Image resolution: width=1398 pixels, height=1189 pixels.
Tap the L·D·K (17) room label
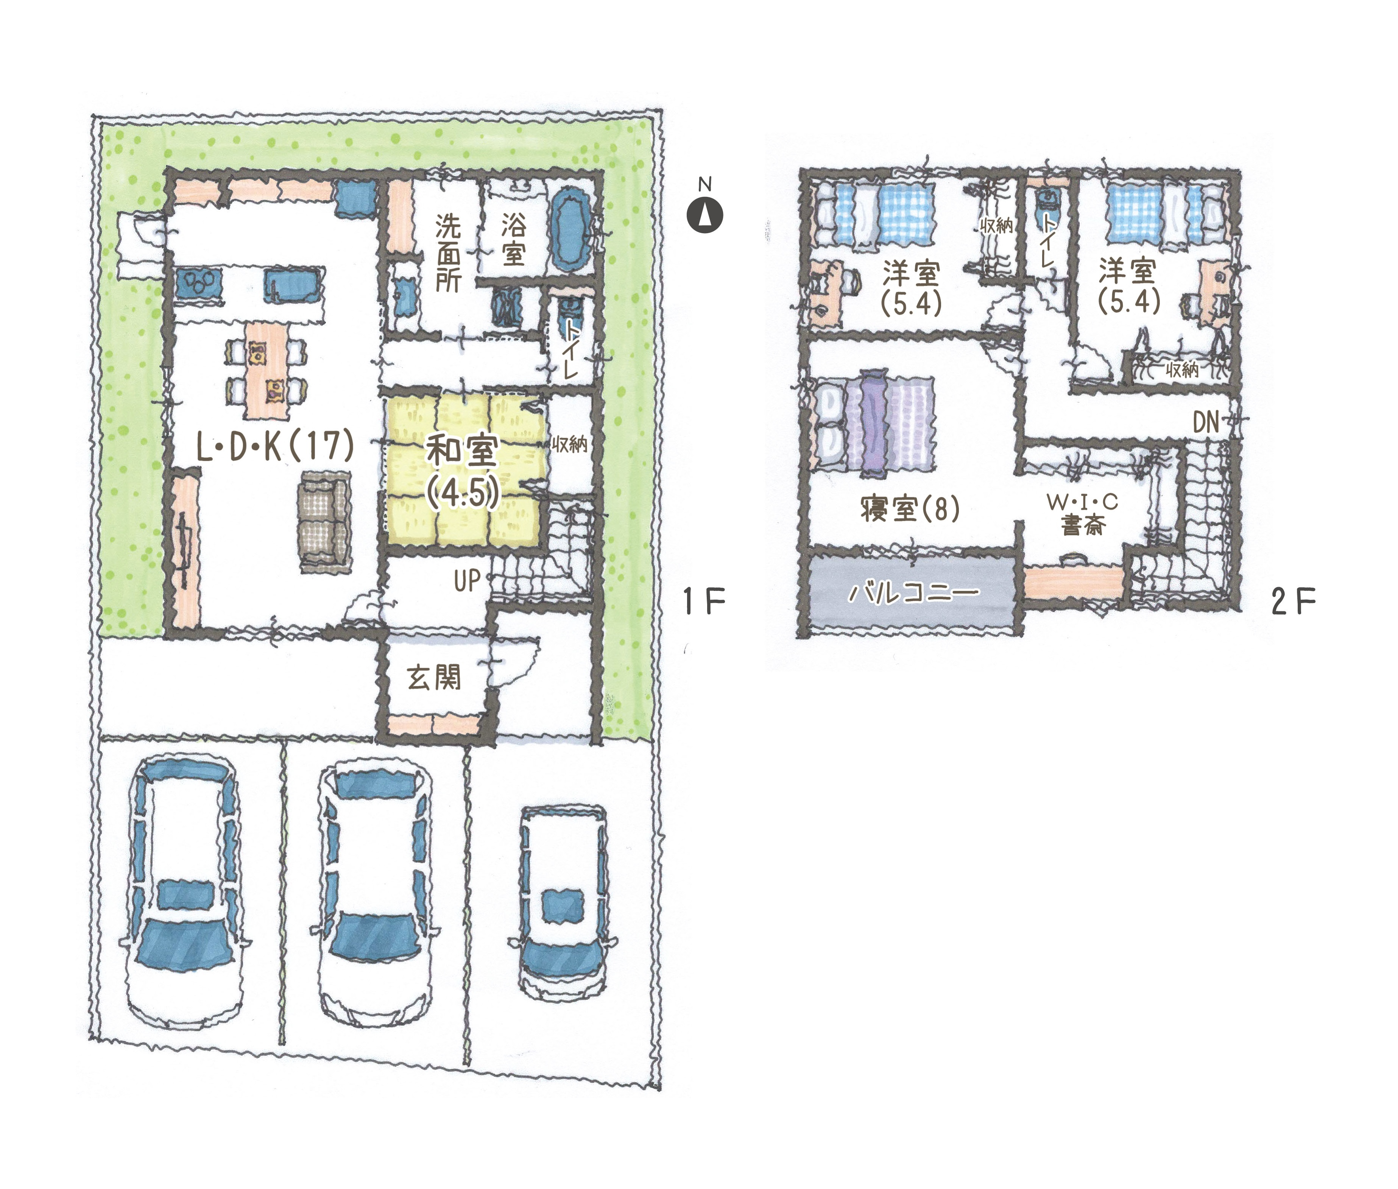pos(275,446)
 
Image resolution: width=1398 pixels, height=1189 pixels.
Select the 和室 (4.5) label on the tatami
pos(463,472)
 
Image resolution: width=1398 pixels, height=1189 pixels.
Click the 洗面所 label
pos(447,253)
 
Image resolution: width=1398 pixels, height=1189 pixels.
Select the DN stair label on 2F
pos(1206,422)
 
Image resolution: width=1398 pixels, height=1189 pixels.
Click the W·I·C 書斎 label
pos(1082,514)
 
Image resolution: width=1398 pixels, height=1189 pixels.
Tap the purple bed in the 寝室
pos(875,422)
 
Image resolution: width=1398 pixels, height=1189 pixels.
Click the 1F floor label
pos(704,601)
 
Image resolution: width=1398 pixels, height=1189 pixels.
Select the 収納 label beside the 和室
pos(570,444)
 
